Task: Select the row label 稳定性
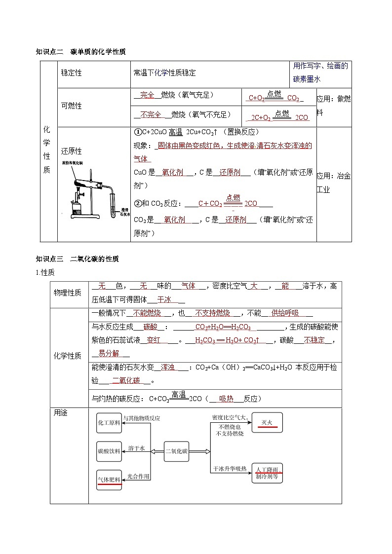point(71,73)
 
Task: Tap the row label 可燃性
point(71,106)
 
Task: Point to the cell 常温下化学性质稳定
point(164,73)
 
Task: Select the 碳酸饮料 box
point(109,451)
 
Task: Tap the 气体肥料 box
point(109,479)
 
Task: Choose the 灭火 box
point(267,422)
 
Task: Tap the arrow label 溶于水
point(136,448)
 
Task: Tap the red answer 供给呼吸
point(285,313)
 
